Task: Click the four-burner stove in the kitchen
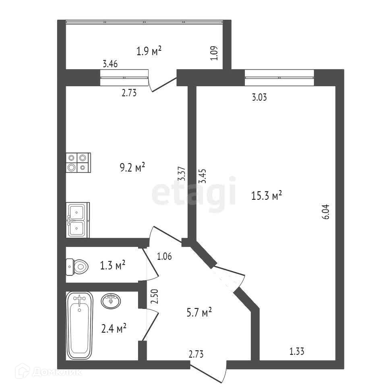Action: tap(78, 162)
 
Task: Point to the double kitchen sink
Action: tap(77, 220)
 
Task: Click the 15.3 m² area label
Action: tap(266, 196)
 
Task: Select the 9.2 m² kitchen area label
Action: tap(132, 167)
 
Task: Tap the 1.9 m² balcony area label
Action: tap(149, 51)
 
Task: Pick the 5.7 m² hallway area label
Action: tap(199, 312)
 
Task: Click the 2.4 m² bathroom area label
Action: tap(114, 329)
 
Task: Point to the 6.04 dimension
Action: tap(326, 211)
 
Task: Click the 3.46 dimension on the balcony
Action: tap(110, 63)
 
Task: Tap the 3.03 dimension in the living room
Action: tap(260, 97)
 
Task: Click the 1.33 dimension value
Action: tap(297, 352)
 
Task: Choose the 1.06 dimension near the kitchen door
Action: tap(165, 256)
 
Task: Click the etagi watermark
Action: tap(193, 194)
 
